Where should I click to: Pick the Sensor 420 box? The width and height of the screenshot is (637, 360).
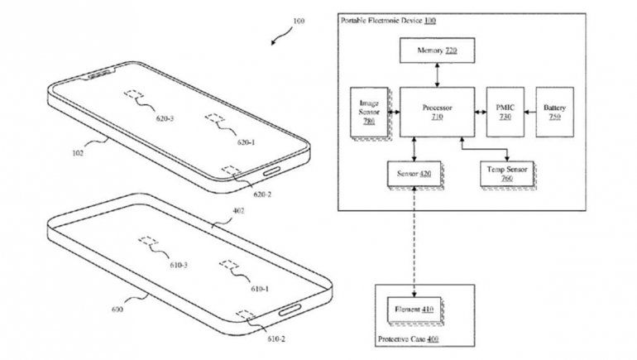(410, 174)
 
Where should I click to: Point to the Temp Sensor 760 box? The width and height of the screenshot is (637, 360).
(506, 174)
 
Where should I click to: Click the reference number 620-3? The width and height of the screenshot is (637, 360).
(165, 118)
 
